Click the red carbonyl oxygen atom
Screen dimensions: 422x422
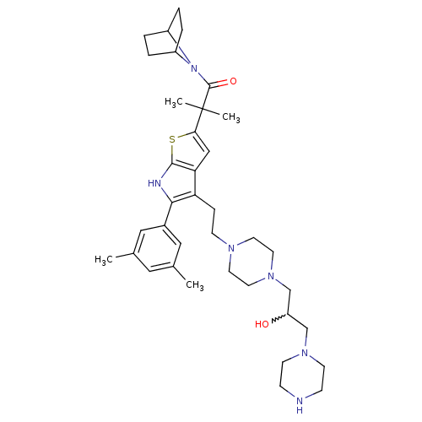click(233, 81)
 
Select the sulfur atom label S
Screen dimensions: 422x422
click(172, 139)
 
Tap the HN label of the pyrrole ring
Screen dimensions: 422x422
click(154, 184)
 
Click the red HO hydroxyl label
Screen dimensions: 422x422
click(262, 324)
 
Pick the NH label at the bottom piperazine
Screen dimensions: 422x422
click(300, 404)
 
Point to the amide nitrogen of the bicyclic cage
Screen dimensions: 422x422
click(193, 68)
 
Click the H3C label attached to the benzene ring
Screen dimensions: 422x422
click(104, 260)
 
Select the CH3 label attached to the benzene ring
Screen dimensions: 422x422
click(195, 285)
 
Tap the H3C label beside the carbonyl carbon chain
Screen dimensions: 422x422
click(174, 102)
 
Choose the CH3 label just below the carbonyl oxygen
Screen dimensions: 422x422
click(231, 117)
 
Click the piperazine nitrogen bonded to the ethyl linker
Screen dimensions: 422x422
click(231, 248)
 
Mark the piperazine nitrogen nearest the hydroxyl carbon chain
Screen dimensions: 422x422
click(271, 275)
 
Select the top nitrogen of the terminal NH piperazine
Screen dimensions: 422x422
click(304, 353)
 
